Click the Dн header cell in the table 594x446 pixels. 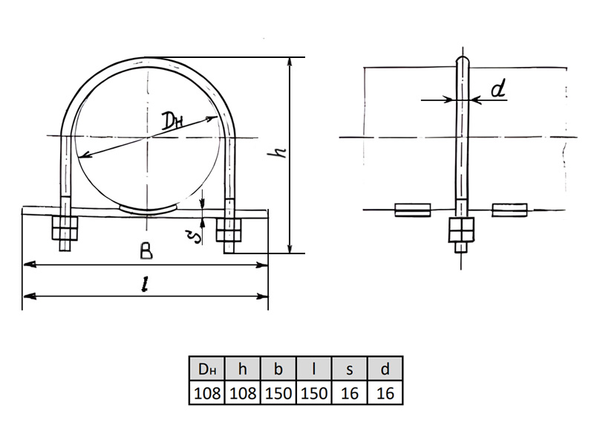coord(207,368)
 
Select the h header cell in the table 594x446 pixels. coord(243,368)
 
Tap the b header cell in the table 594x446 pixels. coord(278,368)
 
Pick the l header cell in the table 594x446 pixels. coord(313,368)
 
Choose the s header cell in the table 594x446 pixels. coord(349,368)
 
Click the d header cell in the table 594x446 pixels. coord(385,368)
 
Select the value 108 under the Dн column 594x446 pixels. coord(207,393)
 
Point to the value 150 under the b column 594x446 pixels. coord(278,393)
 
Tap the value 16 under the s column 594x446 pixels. coord(349,393)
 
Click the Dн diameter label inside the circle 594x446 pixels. coord(172,120)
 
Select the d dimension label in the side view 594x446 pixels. coord(498,90)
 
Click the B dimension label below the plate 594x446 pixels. coord(146,251)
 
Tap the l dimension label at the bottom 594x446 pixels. coord(144,285)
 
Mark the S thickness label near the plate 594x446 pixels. coord(196,236)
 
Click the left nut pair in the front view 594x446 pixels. coord(65,228)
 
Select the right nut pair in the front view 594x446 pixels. coord(229,230)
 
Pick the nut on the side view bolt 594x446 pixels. coord(461,230)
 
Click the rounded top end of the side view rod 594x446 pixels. coord(462,60)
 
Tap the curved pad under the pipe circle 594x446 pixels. coord(148,210)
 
